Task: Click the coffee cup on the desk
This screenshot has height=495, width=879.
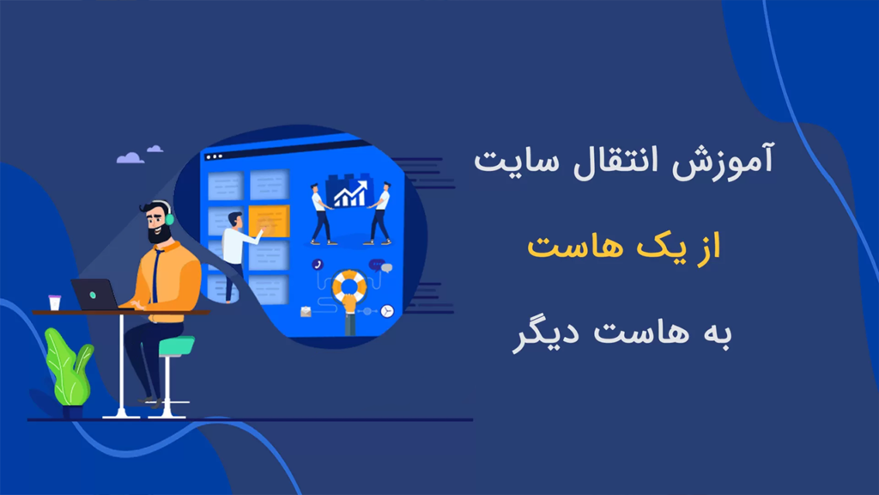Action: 55,302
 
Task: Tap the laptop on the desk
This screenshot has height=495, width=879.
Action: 94,294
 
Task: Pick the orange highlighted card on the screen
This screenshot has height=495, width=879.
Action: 268,222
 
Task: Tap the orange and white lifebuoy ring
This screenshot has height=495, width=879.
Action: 349,286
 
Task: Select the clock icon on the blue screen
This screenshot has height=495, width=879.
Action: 387,309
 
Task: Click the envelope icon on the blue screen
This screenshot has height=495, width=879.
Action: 305,312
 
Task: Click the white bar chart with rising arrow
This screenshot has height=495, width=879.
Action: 349,195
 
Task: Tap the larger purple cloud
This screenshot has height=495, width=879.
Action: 130,157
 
